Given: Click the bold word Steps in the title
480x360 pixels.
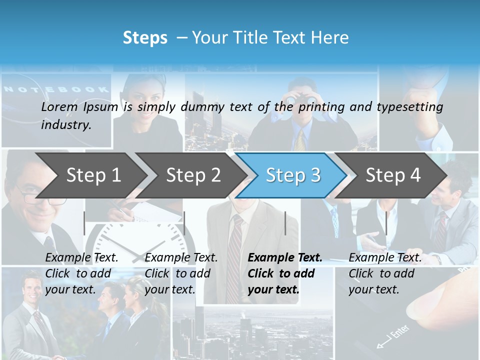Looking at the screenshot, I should tap(145, 38).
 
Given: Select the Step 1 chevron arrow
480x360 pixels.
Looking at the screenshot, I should tap(93, 175).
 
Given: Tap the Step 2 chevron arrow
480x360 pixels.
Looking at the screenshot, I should tap(193, 175).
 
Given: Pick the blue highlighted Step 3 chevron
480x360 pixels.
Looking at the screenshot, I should tap(293, 175).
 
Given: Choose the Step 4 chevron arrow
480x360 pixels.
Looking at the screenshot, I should tap(393, 175).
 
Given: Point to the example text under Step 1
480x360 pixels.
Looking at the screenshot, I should tap(81, 273).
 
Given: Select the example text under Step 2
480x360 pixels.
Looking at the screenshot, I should tap(181, 273).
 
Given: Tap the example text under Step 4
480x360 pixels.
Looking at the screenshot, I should tap(385, 273).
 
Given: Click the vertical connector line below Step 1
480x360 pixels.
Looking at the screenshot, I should tap(84, 223).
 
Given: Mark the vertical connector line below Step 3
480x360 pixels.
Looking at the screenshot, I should tap(285, 223).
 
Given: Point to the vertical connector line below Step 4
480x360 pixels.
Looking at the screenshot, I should tap(386, 223).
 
